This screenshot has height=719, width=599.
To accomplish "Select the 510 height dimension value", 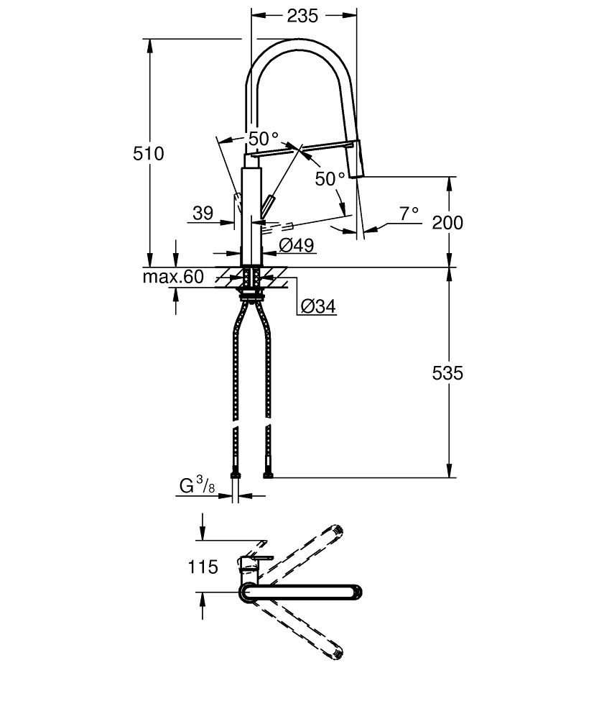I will pos(149,153).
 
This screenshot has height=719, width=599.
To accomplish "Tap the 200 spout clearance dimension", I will pos(447,222).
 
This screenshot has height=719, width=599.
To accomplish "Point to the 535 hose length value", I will pos(447,373).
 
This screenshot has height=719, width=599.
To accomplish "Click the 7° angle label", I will pos(409,214).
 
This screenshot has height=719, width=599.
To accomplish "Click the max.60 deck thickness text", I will pos(172,277).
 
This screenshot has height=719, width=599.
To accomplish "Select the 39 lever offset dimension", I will pos(203,213).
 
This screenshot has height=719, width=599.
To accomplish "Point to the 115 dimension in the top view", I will pos(203,568).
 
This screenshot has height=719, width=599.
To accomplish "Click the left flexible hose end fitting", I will pos(235,474).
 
